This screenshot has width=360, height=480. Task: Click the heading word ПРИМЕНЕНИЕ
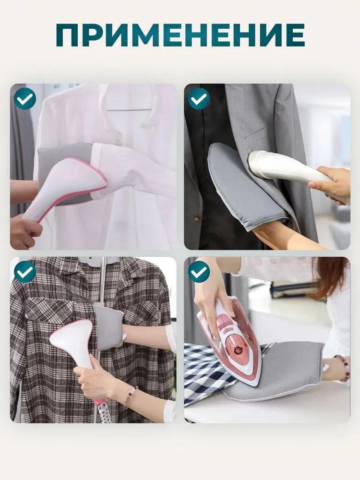(x=180, y=35)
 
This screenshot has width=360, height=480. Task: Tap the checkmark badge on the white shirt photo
(x=24, y=98)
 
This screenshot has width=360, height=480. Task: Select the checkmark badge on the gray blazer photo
(x=199, y=98)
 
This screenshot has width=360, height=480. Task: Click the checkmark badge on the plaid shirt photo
(x=24, y=272)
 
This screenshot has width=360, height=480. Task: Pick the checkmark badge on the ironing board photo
(x=199, y=272)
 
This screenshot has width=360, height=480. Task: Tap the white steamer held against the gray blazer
(x=283, y=170)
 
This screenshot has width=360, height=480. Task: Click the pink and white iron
(x=230, y=336)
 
